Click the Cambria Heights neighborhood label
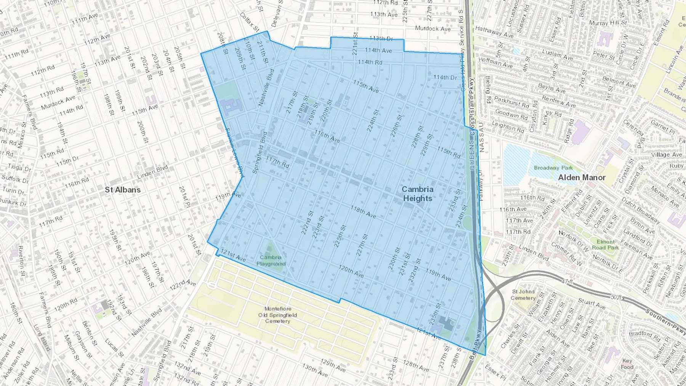pos(418,194)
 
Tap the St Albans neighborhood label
pos(123,190)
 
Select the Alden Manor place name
pos(582,178)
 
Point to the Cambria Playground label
pos(271,260)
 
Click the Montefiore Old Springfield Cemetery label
pos(277,315)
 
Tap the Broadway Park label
pos(553,168)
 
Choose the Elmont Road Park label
pos(606,244)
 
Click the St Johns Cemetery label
pos(523,295)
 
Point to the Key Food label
pos(627,364)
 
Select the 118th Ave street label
pos(363,212)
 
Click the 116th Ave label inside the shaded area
pos(327,136)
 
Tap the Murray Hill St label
pos(608,23)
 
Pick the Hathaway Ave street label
pos(494,32)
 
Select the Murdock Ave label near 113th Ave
pos(433,29)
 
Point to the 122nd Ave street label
pos(183,284)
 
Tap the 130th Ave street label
pos(315,370)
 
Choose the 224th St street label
pos(373,121)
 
